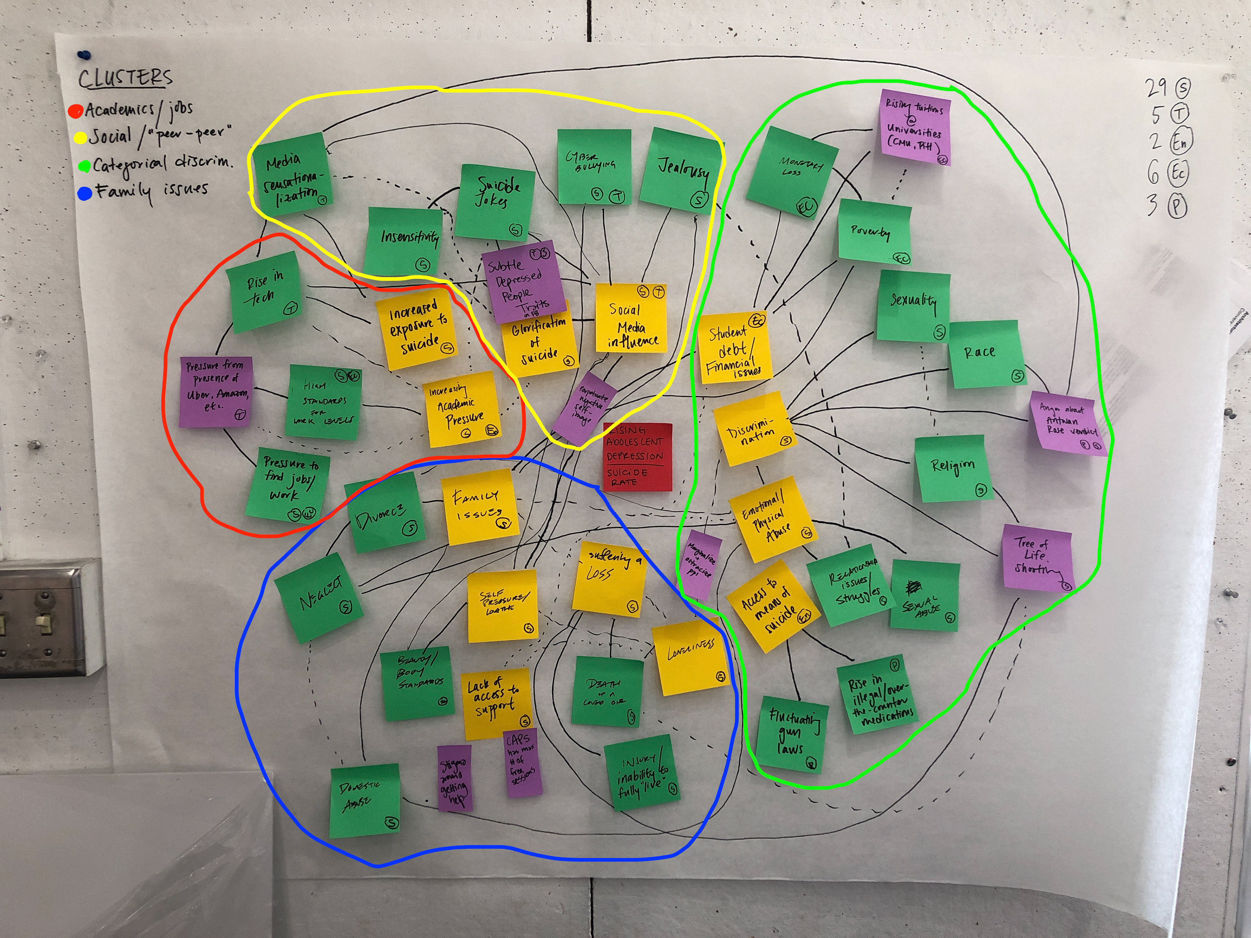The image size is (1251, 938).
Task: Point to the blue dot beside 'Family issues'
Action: [84, 194]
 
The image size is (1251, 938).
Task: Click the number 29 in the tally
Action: [1156, 88]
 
